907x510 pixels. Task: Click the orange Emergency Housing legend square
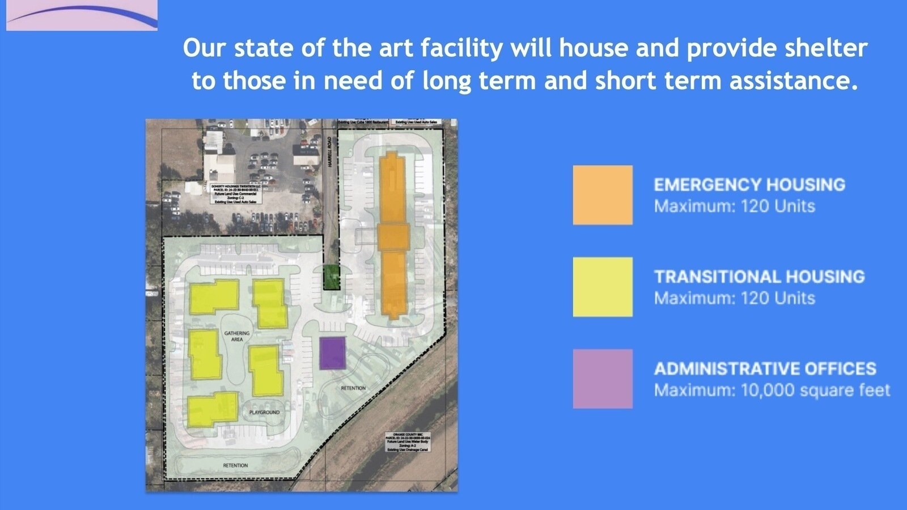[603, 195]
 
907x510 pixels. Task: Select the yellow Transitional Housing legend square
[603, 287]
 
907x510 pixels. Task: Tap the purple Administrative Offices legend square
[603, 379]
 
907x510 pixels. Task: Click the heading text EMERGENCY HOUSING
[749, 185]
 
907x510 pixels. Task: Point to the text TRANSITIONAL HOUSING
[759, 277]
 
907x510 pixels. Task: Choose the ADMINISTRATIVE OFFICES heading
[765, 369]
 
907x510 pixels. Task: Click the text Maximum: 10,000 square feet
[772, 390]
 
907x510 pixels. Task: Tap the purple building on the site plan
[333, 353]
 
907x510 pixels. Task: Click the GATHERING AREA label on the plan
[237, 336]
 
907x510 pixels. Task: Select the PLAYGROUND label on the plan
[264, 412]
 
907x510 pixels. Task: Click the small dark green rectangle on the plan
[332, 278]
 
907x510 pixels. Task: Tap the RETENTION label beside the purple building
[353, 388]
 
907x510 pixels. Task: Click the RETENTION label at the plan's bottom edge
[235, 465]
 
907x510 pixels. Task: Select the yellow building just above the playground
[266, 371]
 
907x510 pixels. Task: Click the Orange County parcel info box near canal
[408, 443]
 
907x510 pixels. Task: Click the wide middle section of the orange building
[393, 236]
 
